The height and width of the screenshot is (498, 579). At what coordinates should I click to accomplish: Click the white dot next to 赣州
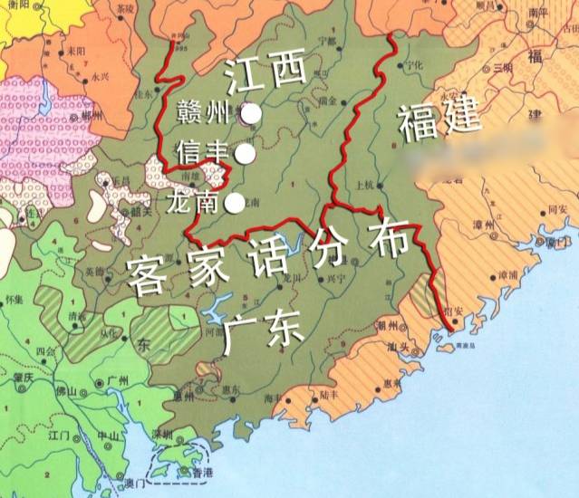(x=252, y=114)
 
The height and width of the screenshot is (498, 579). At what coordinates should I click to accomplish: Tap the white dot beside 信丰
(x=244, y=155)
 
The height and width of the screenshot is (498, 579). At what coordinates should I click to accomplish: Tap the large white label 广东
(x=263, y=334)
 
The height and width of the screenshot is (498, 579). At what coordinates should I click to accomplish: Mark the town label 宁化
(x=414, y=66)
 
